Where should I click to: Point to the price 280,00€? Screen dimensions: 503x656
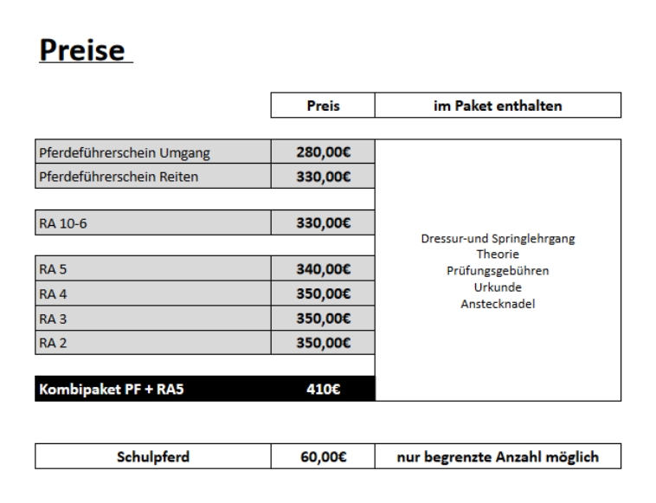click(322, 154)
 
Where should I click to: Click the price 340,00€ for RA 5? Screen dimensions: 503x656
click(322, 268)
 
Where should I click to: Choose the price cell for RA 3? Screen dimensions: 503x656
click(322, 318)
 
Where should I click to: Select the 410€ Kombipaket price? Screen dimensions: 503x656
click(322, 388)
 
